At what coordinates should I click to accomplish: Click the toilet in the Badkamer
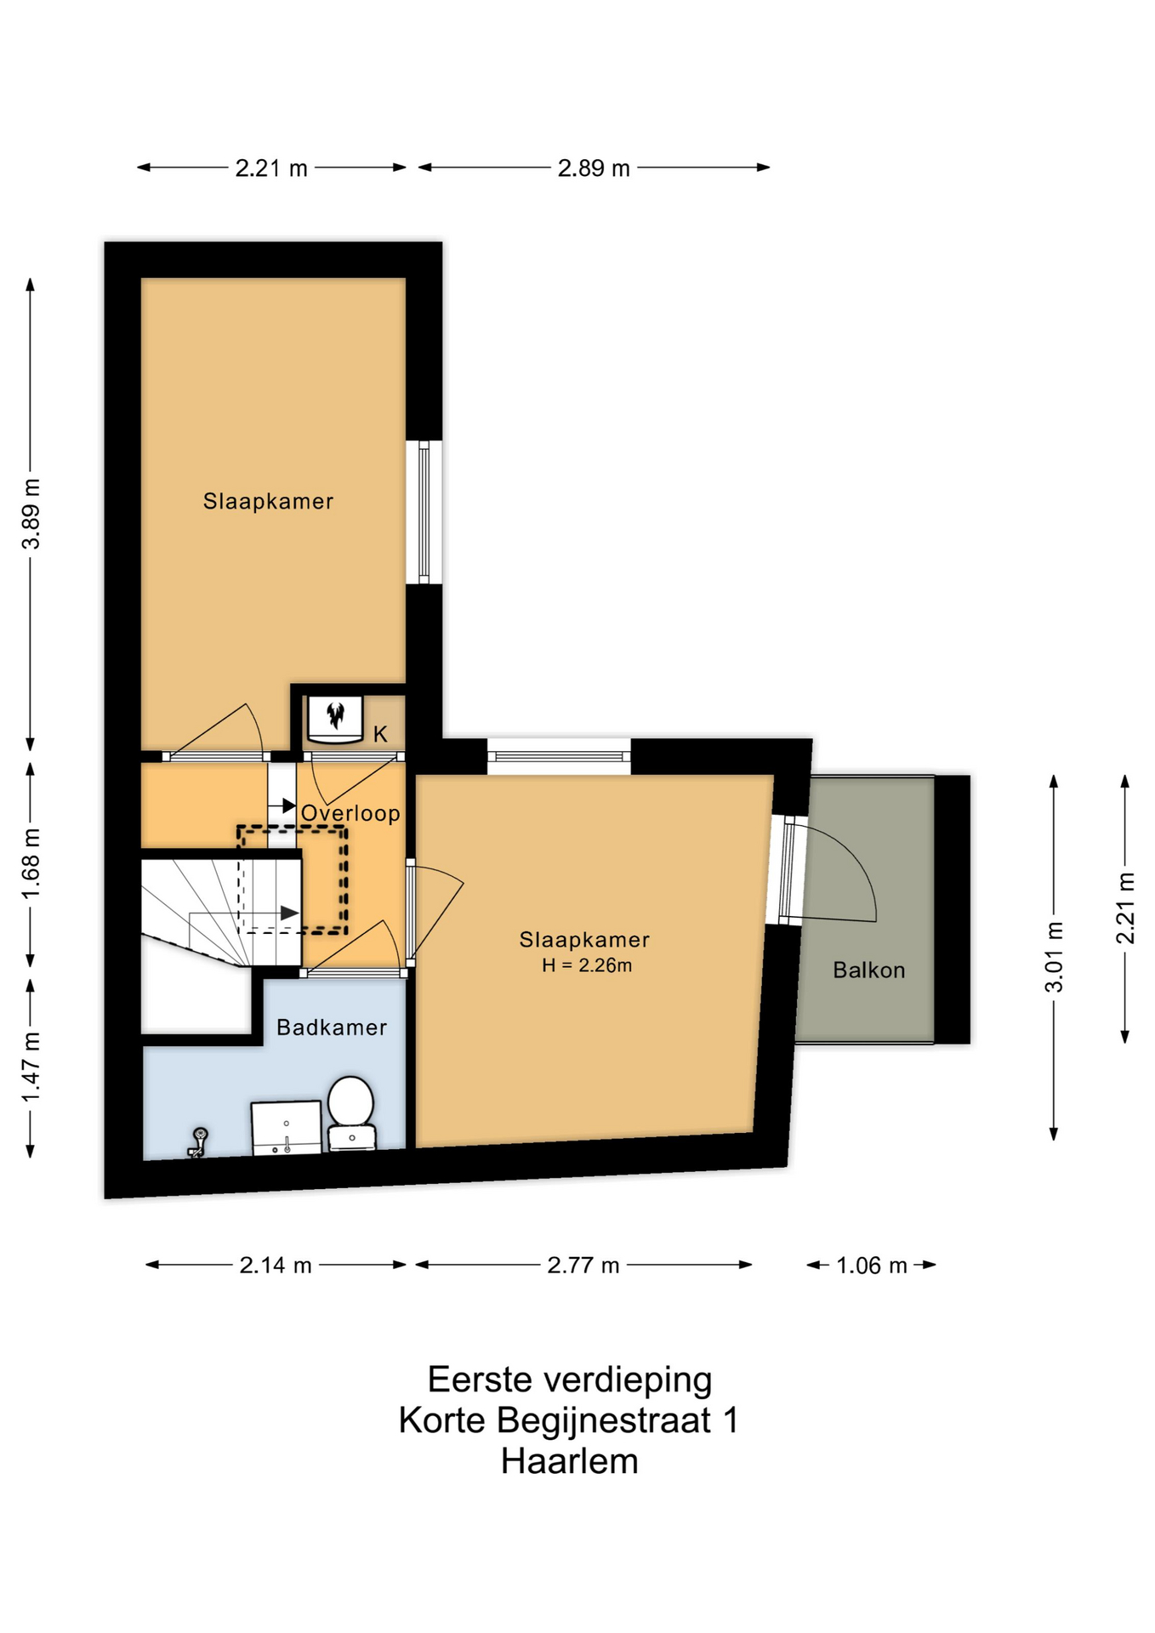(x=351, y=1113)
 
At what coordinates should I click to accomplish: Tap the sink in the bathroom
(x=287, y=1128)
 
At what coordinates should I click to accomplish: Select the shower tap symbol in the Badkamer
(x=198, y=1142)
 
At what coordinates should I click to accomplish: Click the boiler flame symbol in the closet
(x=336, y=715)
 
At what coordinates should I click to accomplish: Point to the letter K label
(x=380, y=734)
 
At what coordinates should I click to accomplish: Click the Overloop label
(x=350, y=813)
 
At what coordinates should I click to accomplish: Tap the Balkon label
(x=868, y=970)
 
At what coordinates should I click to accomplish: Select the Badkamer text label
(x=332, y=1027)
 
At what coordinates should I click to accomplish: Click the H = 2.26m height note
(x=587, y=965)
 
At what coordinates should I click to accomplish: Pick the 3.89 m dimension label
(x=31, y=514)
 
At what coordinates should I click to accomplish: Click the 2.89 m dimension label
(x=594, y=168)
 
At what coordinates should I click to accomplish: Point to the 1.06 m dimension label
(x=872, y=1266)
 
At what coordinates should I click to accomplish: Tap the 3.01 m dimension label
(x=1055, y=957)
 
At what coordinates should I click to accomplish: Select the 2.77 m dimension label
(x=583, y=1266)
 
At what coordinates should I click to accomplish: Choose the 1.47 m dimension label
(x=31, y=1067)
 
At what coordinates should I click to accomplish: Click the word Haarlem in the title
(x=569, y=1461)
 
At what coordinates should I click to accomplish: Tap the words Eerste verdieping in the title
(x=569, y=1380)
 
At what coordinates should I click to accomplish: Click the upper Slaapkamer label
(x=268, y=501)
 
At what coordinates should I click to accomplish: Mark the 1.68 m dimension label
(x=31, y=863)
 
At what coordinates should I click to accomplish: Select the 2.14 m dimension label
(x=276, y=1266)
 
